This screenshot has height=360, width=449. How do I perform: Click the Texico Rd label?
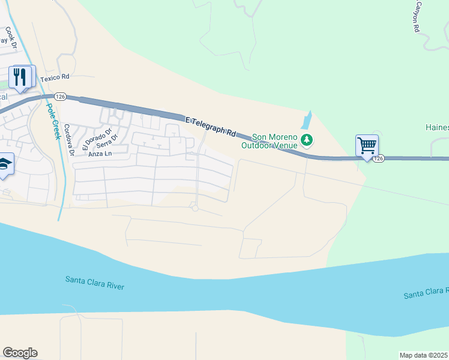pyautogui.click(x=55, y=78)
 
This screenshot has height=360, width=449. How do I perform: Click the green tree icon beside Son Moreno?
pyautogui.click(x=307, y=140)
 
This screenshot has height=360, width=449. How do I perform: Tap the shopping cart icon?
pyautogui.click(x=367, y=145)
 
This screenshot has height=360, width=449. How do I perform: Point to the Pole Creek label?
pyautogui.click(x=53, y=122)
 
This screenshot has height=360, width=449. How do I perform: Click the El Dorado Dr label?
pyautogui.click(x=98, y=139)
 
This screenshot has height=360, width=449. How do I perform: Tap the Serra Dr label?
pyautogui.click(x=108, y=144)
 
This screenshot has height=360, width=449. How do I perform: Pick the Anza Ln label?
pyautogui.click(x=100, y=154)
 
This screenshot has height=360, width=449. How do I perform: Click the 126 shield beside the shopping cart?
pyautogui.click(x=377, y=158)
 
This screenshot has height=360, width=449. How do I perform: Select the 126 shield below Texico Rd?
pyautogui.click(x=59, y=97)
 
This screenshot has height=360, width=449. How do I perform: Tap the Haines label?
pyautogui.click(x=437, y=127)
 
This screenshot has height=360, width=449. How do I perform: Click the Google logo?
pyautogui.click(x=20, y=353)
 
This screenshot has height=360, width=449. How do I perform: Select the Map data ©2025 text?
pyautogui.click(x=423, y=355)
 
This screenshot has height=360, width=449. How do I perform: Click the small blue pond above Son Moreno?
pyautogui.click(x=307, y=121)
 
